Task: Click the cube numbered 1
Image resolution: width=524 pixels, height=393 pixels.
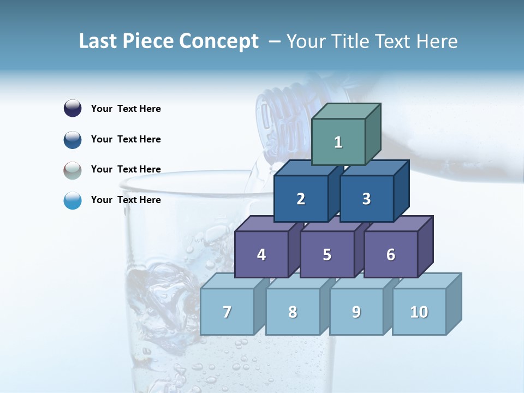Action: [338, 142]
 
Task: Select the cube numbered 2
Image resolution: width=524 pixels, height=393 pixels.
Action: [301, 199]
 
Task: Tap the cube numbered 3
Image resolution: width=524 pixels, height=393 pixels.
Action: [366, 199]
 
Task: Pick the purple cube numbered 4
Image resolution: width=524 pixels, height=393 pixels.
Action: [261, 254]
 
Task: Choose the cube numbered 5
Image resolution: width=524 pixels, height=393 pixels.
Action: [327, 254]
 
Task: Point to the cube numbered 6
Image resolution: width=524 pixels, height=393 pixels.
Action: [391, 254]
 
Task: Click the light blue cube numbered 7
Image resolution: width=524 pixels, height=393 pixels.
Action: [227, 312]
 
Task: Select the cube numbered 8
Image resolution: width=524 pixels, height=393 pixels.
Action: [293, 312]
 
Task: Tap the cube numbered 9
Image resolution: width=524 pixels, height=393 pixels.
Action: [356, 312]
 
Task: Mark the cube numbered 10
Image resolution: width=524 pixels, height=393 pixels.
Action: [419, 312]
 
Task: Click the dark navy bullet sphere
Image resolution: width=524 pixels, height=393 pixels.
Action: [73, 108]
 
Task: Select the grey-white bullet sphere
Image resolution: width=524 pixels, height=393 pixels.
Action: [73, 170]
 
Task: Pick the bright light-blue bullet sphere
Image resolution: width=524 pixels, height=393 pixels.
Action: [73, 201]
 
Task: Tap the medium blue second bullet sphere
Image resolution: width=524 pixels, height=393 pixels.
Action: [73, 140]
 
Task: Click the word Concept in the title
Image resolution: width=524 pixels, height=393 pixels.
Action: [219, 41]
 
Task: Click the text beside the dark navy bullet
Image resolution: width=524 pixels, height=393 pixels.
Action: [126, 109]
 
